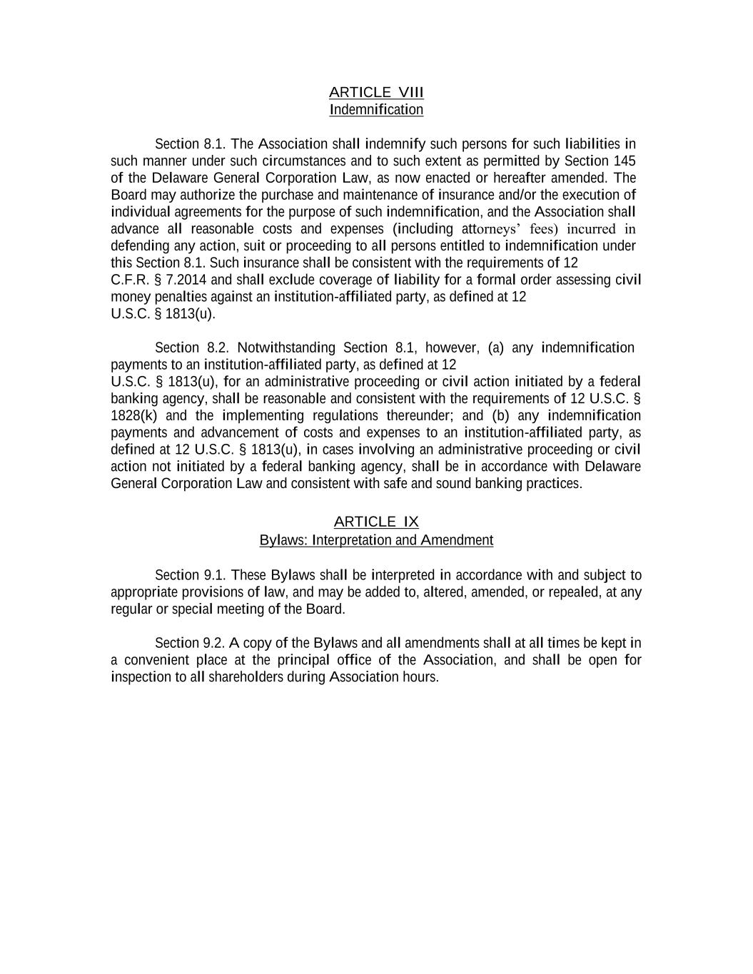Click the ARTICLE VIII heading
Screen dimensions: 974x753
tap(376, 93)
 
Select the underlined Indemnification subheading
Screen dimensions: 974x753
tap(376, 110)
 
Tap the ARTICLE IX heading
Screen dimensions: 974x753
tap(376, 522)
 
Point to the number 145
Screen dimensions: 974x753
tap(625, 161)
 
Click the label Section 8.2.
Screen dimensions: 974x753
tap(191, 348)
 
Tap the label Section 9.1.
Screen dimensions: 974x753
tap(191, 575)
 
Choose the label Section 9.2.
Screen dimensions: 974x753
tap(191, 643)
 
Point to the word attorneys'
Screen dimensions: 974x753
tap(492, 229)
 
